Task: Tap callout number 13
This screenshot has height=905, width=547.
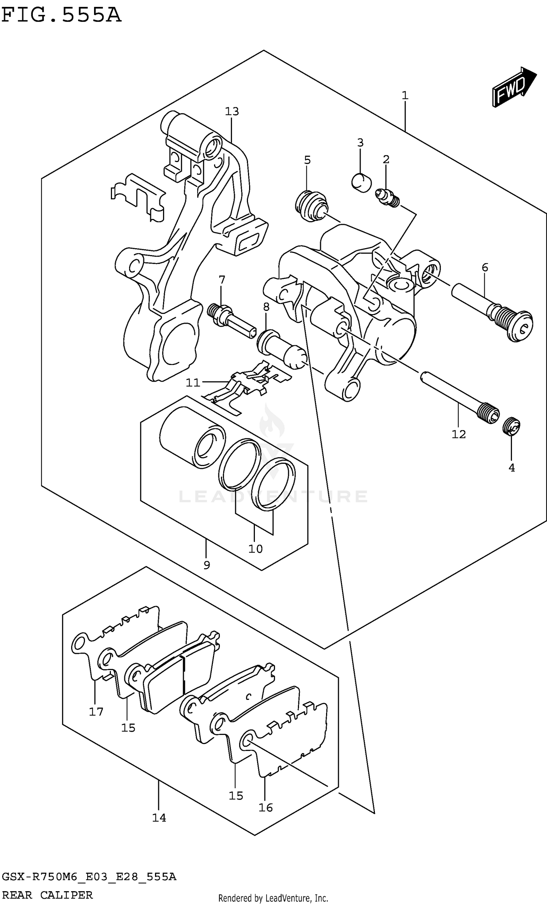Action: tap(232, 111)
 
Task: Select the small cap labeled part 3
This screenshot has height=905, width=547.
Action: tap(361, 182)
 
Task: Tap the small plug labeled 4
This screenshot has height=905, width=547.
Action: tap(511, 427)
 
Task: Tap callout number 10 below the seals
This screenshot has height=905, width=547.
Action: tap(256, 549)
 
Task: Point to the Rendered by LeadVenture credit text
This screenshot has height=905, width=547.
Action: tap(273, 898)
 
